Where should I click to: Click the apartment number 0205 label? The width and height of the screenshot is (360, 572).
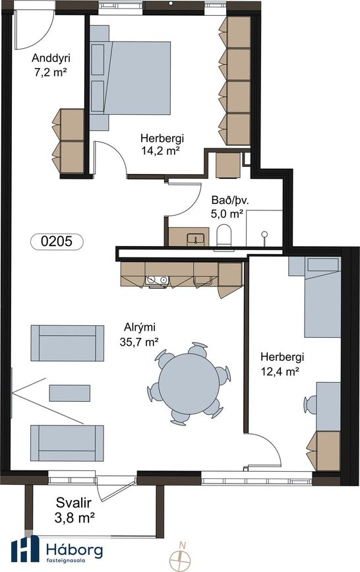57,241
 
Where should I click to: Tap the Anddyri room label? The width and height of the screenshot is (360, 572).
51,58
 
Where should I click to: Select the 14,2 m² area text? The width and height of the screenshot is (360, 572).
162,150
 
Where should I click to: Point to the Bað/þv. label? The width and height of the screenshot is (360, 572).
230,201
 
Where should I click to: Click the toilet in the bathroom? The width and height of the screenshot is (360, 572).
224,236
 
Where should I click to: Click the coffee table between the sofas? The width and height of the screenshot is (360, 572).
70,393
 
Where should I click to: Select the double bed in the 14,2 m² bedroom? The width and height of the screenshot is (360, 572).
130,78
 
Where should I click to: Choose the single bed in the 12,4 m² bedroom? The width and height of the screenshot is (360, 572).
315,297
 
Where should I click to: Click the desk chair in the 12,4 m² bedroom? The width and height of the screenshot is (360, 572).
310,405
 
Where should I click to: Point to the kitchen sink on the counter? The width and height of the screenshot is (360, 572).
157,280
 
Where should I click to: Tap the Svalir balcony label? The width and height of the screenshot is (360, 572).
74,503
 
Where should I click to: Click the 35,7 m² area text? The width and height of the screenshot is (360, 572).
139,342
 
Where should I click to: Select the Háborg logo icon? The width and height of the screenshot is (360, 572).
25,548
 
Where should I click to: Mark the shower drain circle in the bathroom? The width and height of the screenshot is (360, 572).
264,234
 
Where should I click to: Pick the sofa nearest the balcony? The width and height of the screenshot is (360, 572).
67,443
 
